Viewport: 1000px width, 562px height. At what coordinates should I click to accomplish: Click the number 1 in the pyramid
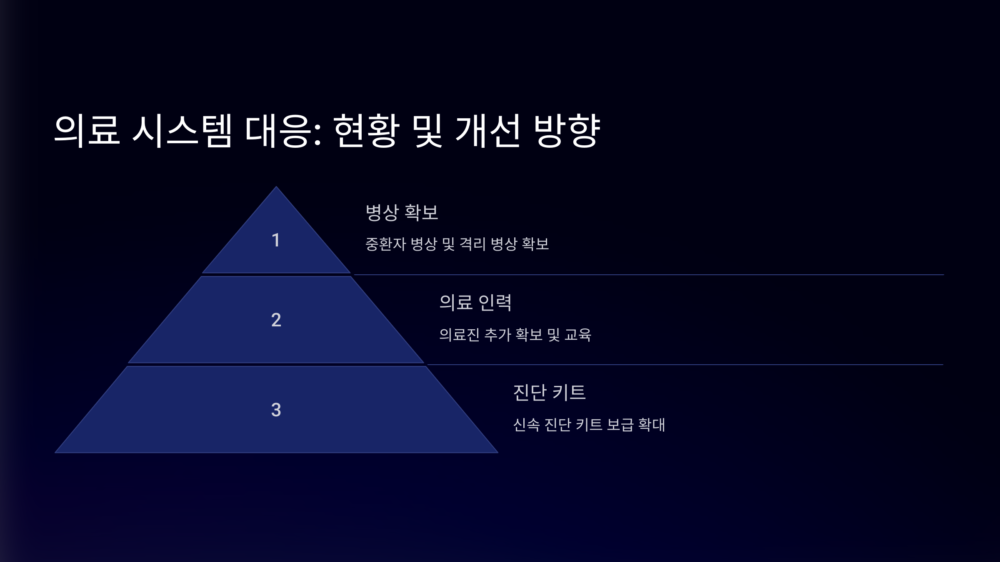point(275,240)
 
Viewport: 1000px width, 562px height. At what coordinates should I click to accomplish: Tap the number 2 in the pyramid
point(276,320)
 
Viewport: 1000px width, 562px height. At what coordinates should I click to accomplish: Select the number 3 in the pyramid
point(276,410)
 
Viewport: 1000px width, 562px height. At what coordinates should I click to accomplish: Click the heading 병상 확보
point(402,212)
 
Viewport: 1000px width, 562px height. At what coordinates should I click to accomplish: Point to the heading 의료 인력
point(475,302)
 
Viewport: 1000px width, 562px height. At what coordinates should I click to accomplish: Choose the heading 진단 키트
point(549,392)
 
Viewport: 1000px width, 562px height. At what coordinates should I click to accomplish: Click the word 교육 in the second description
point(577,335)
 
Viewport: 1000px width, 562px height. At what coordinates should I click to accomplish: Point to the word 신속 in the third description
point(526,425)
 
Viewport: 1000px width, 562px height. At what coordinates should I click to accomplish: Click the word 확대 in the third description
point(652,425)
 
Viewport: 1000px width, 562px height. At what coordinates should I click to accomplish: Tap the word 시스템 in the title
point(182,131)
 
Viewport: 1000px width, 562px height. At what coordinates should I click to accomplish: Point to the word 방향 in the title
point(567,131)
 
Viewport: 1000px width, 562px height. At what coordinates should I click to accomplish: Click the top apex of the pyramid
point(276,188)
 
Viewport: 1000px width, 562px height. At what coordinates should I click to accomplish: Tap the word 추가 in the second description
point(497,335)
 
